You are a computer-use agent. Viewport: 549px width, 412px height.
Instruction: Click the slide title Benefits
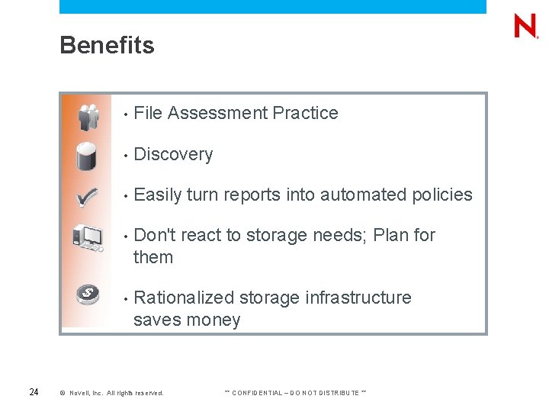pos(107,46)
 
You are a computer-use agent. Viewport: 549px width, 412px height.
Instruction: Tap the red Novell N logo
pos(525,27)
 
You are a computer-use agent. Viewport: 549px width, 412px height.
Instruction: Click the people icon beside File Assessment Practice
pos(88,115)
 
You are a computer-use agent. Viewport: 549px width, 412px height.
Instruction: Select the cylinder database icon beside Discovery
pos(87,156)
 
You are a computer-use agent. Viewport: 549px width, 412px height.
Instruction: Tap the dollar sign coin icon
pos(88,294)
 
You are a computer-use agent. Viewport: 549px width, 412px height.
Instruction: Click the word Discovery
pos(173,154)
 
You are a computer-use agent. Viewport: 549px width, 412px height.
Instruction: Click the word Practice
pos(305,114)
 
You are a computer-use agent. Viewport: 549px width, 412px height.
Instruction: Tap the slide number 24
pos(34,392)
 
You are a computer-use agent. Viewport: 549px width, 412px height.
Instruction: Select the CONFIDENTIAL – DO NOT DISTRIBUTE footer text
pos(295,393)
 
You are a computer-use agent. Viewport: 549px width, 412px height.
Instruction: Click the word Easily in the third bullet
pos(157,195)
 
